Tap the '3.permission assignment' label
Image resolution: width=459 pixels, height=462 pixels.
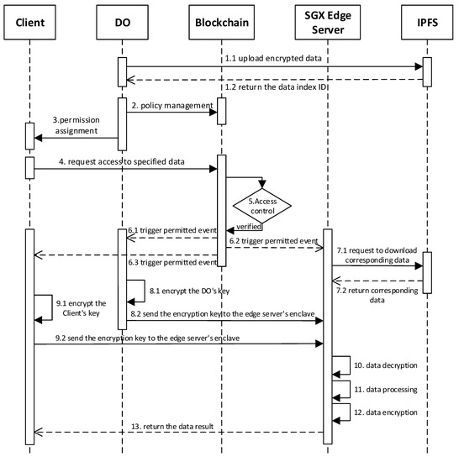pyautogui.click(x=76, y=126)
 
